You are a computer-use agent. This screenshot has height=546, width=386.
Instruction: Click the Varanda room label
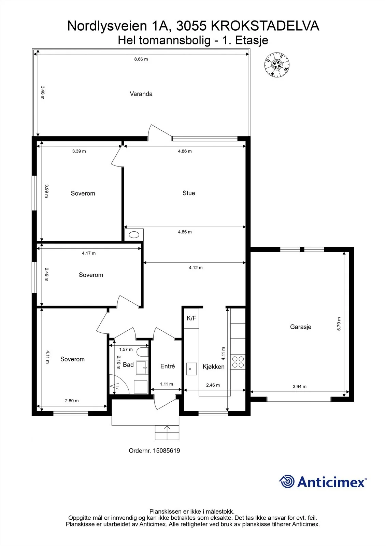[141, 94]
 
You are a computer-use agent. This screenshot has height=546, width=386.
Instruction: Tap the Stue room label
[189, 193]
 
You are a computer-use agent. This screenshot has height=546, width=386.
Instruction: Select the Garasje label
[300, 327]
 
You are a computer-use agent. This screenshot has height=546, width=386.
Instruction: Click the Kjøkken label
[213, 367]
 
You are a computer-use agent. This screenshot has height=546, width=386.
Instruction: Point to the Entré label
[168, 366]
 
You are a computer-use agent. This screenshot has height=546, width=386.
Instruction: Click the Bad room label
[128, 365]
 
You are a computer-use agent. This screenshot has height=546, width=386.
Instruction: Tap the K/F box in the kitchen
[191, 318]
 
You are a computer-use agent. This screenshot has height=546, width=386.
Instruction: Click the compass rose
[277, 65]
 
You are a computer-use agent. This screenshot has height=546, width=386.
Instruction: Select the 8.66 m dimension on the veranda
[141, 59]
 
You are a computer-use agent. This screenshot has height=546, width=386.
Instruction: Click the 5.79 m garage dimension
[339, 324]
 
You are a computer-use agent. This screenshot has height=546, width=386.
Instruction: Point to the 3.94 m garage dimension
[299, 386]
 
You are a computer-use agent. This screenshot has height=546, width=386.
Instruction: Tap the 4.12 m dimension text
[196, 268]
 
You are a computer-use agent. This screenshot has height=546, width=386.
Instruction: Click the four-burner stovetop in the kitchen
[238, 362]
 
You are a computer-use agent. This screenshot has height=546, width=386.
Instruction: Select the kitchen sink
[191, 369]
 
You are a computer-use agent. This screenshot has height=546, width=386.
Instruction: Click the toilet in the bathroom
[142, 352]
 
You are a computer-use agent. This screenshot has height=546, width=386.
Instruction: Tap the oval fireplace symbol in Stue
[134, 235]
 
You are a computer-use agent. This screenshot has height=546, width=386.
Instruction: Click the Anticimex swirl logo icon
[287, 482]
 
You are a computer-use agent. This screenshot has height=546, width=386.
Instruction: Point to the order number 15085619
[166, 451]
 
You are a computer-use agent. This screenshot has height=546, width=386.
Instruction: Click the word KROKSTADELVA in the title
[265, 26]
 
